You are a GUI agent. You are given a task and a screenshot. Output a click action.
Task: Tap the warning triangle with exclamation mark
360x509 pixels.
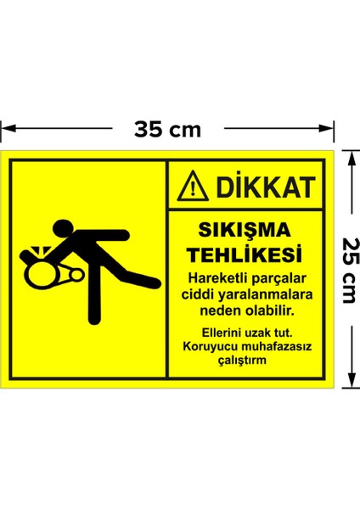195,186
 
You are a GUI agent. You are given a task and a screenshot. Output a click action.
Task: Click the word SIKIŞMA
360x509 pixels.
244,230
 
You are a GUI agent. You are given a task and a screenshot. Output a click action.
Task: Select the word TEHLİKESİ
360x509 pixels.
244,254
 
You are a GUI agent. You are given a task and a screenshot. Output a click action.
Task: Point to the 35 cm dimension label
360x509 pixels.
168,129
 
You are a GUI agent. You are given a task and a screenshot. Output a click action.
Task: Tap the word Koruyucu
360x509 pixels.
207,345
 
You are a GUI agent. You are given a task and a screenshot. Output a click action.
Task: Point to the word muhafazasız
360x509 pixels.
272,345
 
